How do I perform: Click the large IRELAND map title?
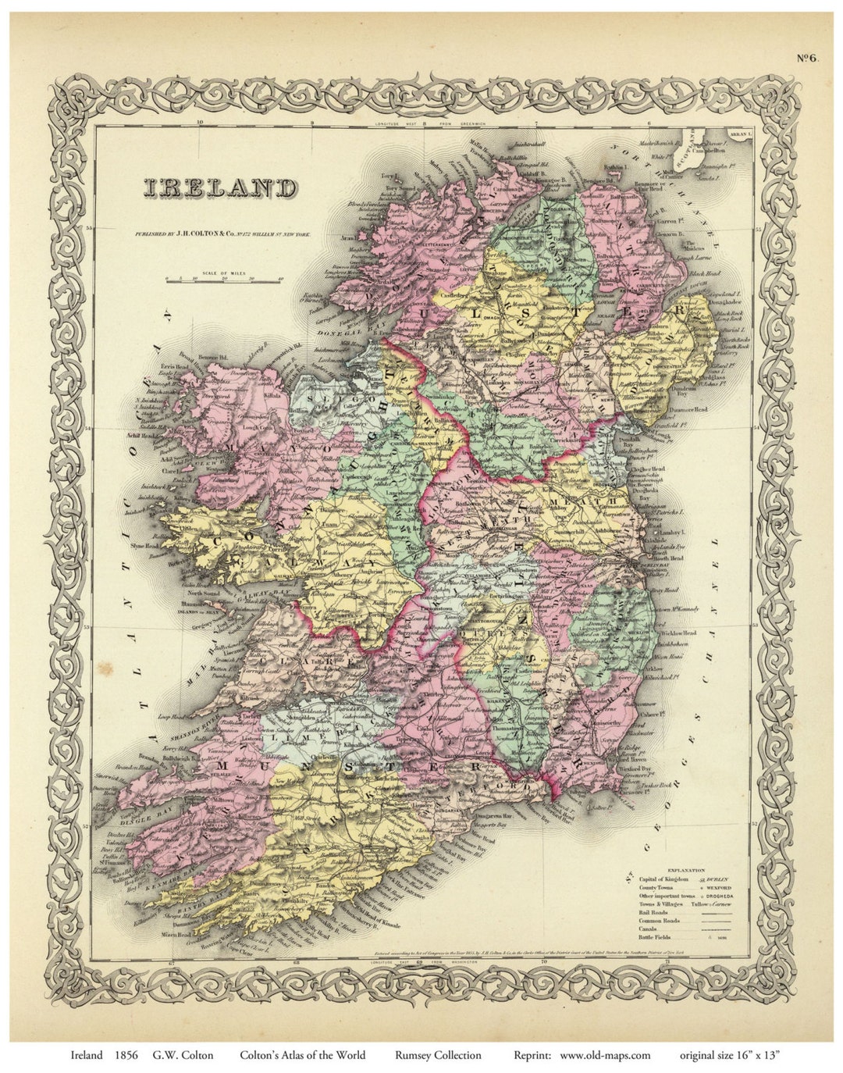pyautogui.click(x=219, y=188)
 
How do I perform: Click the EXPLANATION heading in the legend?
pyautogui.click(x=685, y=870)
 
